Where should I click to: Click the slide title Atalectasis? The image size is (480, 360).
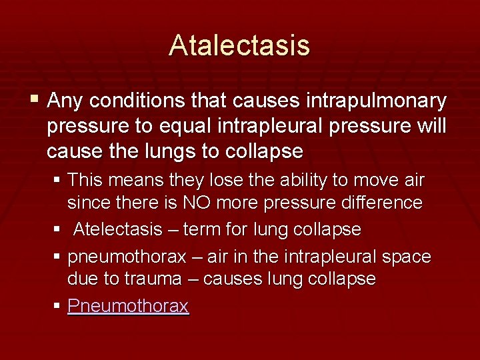[239, 45]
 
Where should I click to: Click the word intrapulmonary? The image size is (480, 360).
[377, 101]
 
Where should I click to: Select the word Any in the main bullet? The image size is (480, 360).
[65, 101]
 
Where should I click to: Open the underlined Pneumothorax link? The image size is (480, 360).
[128, 306]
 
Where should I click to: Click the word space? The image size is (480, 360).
[407, 257]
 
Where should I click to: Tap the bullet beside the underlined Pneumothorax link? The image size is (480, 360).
[59, 307]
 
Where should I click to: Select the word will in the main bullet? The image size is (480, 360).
[429, 126]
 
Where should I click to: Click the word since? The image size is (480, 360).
[87, 203]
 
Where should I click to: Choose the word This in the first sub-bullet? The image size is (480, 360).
[85, 181]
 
